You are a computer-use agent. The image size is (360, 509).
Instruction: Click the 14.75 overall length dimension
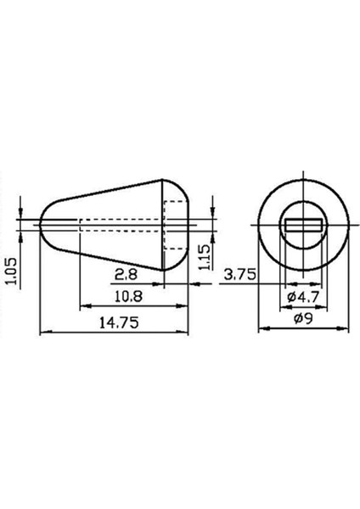pos(119,322)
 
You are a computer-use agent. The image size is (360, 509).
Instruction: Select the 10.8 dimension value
pos(128,297)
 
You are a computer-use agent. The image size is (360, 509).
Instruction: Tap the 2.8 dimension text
pos(126,275)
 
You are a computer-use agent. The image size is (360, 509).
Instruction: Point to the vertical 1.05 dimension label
pos(12,271)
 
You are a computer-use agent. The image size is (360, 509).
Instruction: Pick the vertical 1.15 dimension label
pos(205,257)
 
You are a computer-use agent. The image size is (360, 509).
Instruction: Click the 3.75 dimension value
pos(239,275)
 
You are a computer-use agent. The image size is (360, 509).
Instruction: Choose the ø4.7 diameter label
pos(303,297)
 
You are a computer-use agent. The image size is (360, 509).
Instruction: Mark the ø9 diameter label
pos(303,319)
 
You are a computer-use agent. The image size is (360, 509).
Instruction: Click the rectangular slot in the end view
pos(303,225)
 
